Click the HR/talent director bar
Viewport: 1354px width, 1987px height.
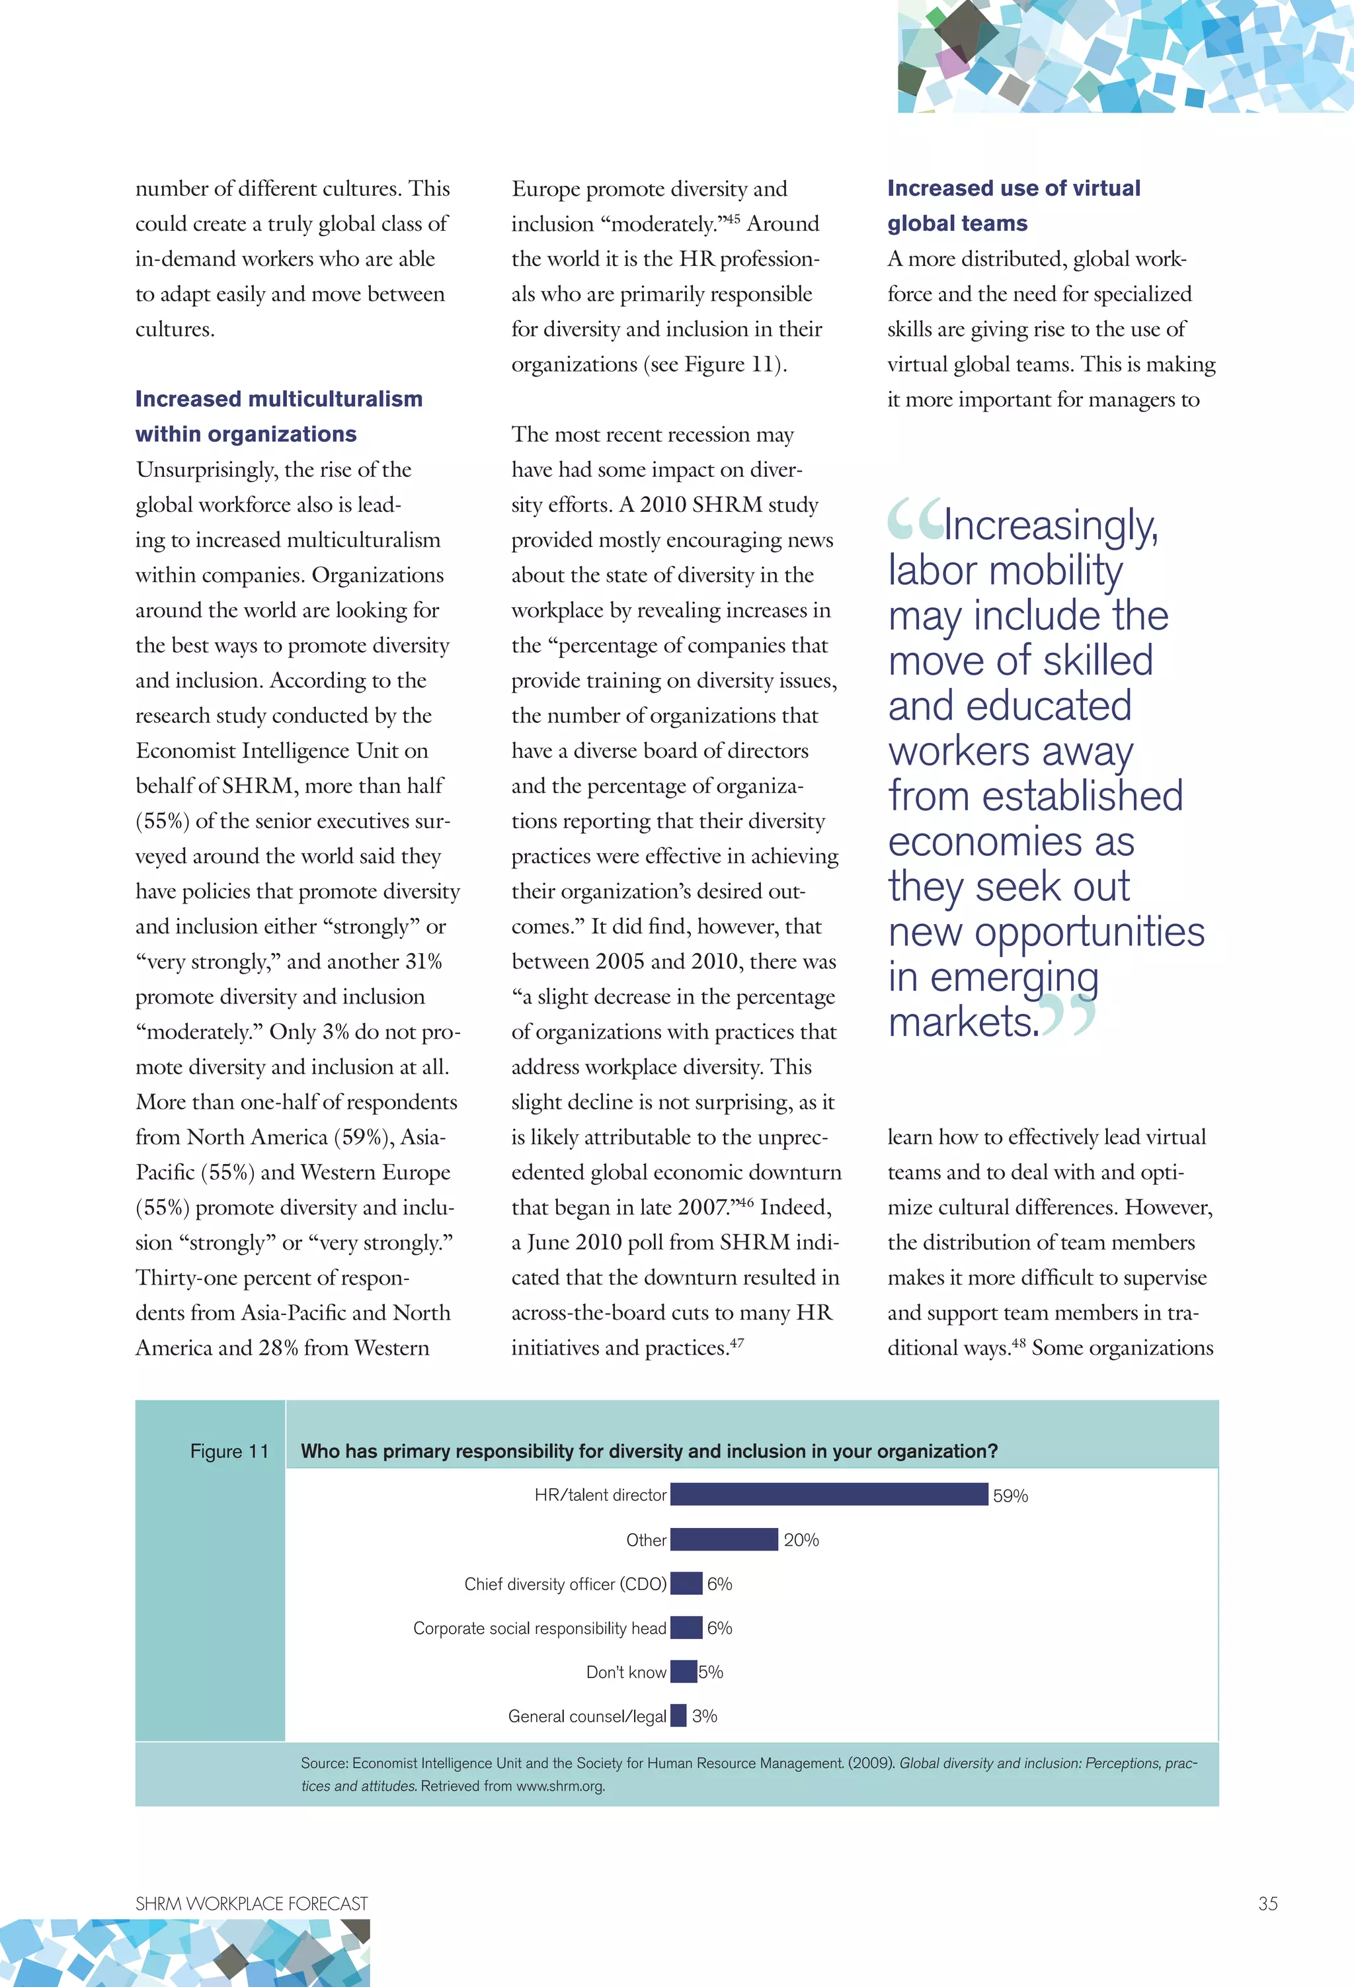point(828,1494)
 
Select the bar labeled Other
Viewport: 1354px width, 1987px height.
point(724,1539)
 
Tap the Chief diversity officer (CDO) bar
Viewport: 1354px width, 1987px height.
point(686,1584)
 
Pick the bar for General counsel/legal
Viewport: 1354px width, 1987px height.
point(678,1715)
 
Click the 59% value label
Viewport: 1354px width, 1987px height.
point(1010,1496)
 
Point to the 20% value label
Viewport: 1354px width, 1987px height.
point(801,1540)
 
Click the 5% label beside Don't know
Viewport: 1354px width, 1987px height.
point(710,1671)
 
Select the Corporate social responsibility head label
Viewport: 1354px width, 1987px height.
point(539,1628)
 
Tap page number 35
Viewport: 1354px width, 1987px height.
point(1267,1903)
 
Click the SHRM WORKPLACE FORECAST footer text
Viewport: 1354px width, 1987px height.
point(251,1903)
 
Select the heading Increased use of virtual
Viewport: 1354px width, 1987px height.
point(1013,188)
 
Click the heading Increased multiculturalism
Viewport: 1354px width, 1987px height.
point(278,400)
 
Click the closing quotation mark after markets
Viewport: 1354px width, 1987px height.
point(1069,1016)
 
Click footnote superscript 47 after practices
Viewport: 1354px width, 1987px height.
point(737,1341)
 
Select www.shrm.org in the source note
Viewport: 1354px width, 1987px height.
point(560,1785)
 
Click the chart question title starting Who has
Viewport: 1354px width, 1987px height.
point(649,1451)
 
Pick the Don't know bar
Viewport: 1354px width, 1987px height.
point(683,1671)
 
